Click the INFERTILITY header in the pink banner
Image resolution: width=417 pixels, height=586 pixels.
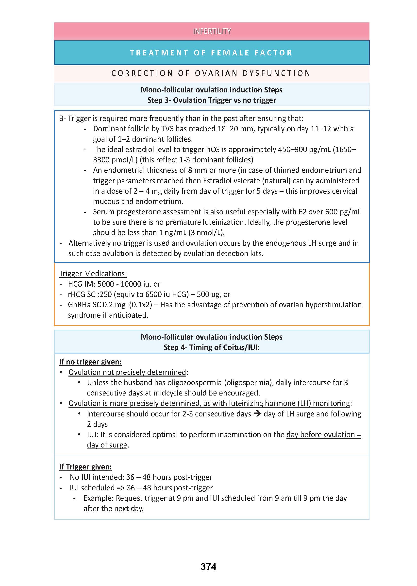click(x=212, y=31)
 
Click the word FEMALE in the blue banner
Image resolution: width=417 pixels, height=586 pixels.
click(x=230, y=53)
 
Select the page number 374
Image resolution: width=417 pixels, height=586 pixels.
click(x=208, y=567)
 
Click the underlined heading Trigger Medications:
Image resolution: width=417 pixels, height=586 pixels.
click(x=93, y=274)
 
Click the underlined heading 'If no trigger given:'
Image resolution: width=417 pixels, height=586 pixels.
click(x=90, y=362)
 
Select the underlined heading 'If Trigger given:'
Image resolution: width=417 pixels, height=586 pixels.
click(x=85, y=467)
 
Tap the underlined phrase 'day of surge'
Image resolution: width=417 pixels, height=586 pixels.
click(x=107, y=445)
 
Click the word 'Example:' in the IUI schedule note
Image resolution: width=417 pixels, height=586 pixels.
click(x=98, y=498)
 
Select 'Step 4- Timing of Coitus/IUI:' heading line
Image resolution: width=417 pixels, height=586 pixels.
click(x=212, y=347)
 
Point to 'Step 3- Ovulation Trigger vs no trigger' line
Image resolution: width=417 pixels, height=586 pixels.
click(x=212, y=100)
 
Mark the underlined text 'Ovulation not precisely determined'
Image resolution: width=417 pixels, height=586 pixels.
click(x=127, y=372)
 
